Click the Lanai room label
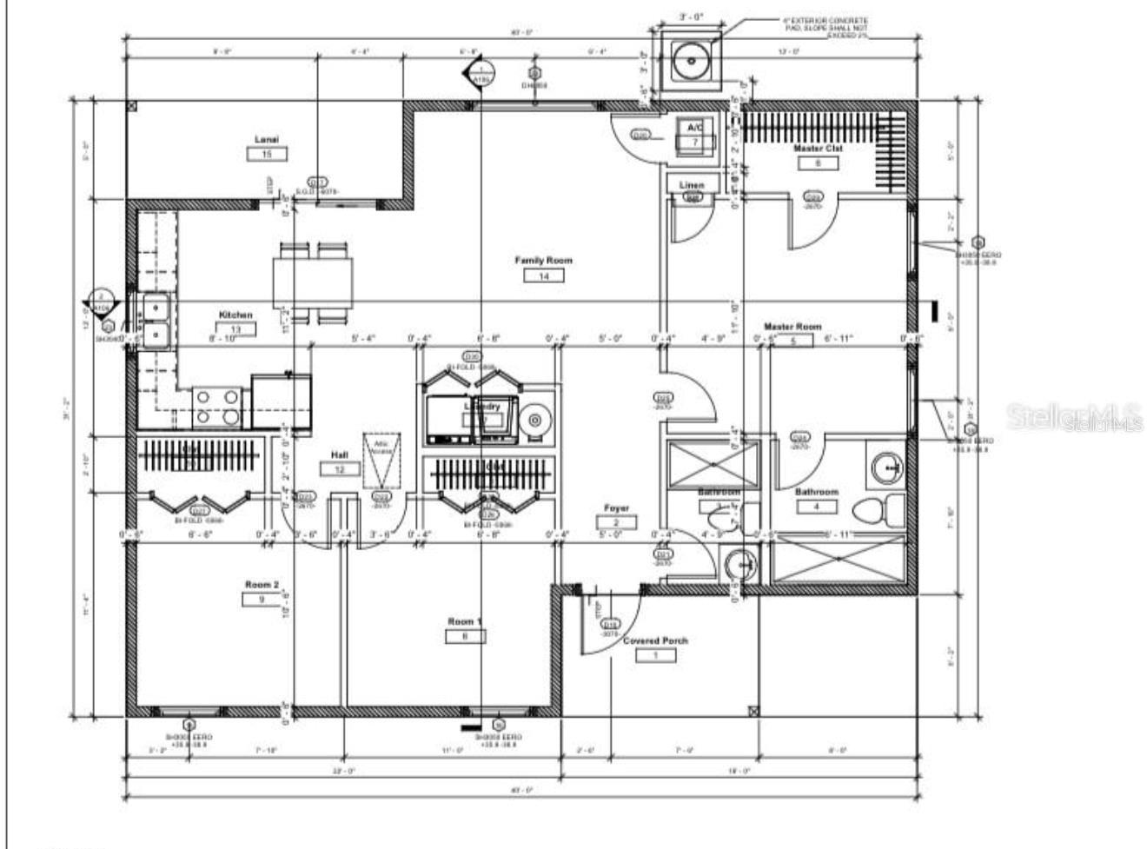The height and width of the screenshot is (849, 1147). (266, 140)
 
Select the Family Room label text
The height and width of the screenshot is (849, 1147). (543, 261)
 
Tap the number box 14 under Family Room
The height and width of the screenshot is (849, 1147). (544, 276)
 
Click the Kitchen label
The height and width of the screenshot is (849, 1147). (235, 315)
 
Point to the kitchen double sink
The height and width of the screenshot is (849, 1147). (156, 321)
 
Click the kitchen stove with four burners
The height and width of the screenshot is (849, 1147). (217, 406)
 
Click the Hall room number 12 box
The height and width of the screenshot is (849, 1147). (340, 469)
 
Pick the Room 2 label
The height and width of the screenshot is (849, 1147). (262, 585)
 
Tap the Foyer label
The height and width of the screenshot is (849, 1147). (616, 508)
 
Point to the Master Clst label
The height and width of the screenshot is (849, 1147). (818, 149)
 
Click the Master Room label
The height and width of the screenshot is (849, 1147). (792, 327)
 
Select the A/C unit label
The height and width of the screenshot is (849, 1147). (694, 129)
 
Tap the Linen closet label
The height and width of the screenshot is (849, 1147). (692, 185)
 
